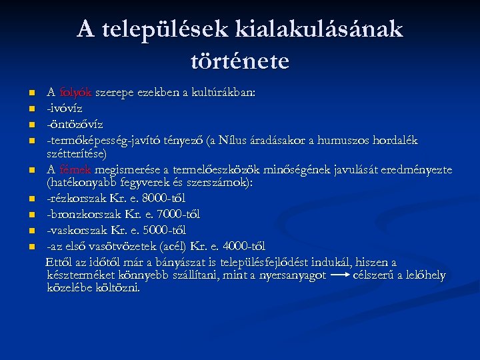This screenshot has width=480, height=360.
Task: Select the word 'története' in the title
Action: tap(240, 61)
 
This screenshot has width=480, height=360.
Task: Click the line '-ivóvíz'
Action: tap(64, 108)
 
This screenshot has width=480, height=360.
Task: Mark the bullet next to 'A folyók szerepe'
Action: tap(31, 93)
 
